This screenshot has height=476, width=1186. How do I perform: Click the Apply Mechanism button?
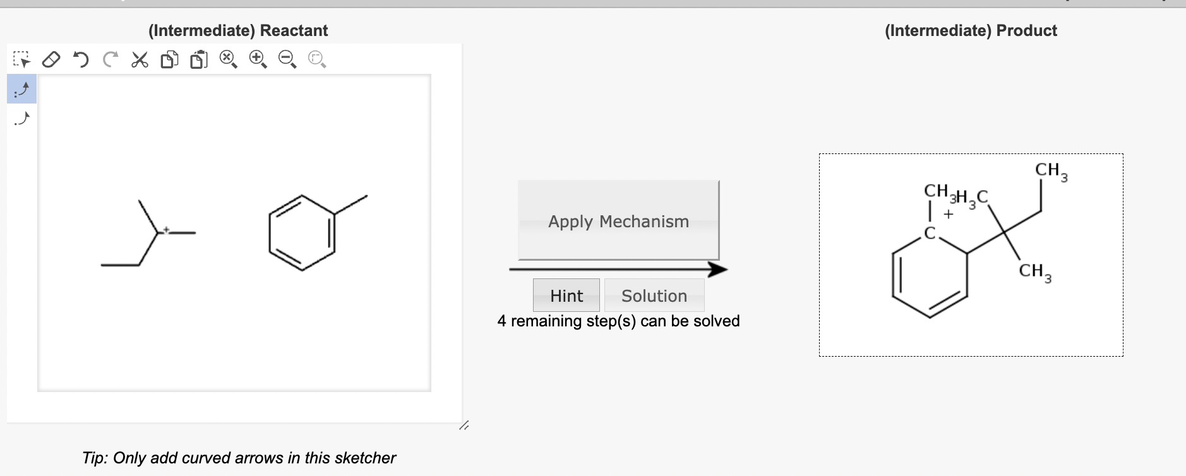click(618, 220)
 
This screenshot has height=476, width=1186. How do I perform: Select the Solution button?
click(654, 295)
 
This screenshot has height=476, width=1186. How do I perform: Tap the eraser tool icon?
click(51, 60)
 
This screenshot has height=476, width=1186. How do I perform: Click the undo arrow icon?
click(81, 60)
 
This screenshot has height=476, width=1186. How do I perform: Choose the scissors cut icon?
click(140, 60)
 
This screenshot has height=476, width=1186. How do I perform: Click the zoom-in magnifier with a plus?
click(258, 59)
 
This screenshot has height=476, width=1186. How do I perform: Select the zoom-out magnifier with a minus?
click(287, 59)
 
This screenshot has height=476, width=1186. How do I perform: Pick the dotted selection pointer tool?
click(21, 60)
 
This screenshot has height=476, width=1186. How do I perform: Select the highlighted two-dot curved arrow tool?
click(21, 90)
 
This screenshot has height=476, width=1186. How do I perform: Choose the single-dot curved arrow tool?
click(21, 118)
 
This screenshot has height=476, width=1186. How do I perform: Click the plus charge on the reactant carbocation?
click(166, 229)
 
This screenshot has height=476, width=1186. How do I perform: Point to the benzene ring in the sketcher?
click(302, 233)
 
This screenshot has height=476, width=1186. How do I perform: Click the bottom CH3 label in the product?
click(1034, 271)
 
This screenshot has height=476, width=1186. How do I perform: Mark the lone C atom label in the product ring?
click(929, 234)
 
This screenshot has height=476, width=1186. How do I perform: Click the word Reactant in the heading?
click(294, 30)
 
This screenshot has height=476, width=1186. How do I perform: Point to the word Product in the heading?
click(1026, 30)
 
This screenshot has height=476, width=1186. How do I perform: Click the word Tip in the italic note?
click(94, 458)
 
